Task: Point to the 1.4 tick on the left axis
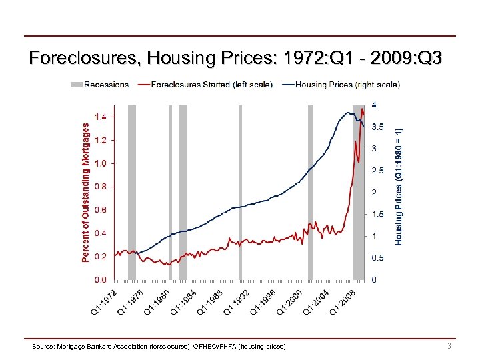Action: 100,117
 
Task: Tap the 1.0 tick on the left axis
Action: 100,163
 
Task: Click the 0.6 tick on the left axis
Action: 100,210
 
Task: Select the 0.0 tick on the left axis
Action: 100,279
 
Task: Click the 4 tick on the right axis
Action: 373,105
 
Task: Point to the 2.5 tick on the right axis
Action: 377,170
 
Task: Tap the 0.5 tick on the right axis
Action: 377,257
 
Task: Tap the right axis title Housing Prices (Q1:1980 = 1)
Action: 399,186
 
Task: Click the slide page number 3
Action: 449,346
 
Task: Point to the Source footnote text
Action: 160,347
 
